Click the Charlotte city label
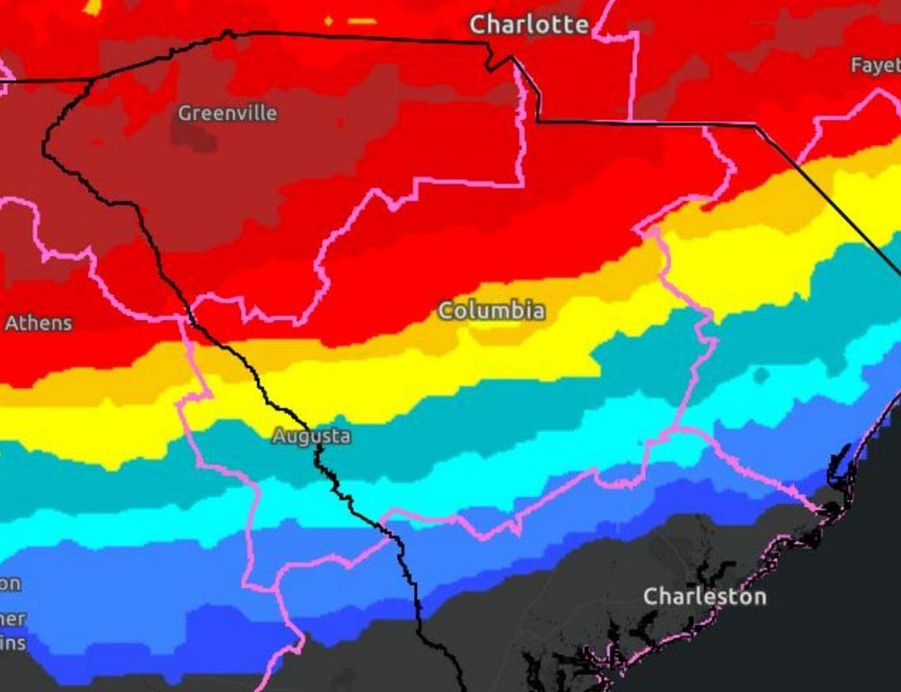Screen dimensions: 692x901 pos(529,24)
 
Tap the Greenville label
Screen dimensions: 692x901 pos(227,113)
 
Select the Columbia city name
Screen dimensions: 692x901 pos(492,310)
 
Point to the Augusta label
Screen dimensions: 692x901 pos(311,436)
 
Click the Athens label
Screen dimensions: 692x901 pos(38,323)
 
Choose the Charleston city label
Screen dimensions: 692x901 pos(704,596)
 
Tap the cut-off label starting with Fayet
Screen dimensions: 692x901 pos(875,66)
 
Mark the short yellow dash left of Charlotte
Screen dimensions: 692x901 pos(362,21)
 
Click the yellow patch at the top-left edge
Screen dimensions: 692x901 pos(92,7)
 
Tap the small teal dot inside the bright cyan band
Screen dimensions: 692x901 pos(760,374)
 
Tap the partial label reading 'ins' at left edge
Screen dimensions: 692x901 pos(13,643)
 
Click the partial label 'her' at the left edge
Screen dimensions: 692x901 pos(13,619)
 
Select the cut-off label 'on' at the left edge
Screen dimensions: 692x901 pos(10,584)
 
